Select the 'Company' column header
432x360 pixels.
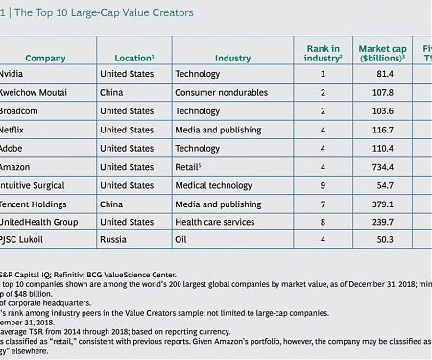pyautogui.click(x=45, y=59)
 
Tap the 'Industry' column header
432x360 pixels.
pyautogui.click(x=232, y=59)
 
